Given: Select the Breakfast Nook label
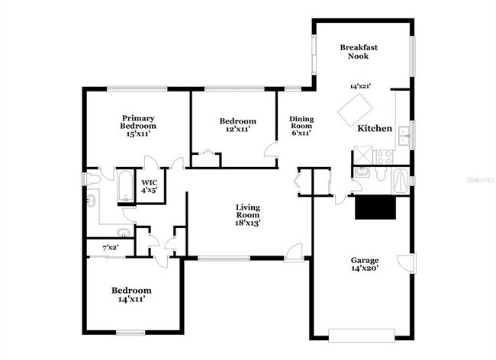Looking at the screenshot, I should (x=358, y=51).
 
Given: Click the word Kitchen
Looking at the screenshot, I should (x=375, y=129).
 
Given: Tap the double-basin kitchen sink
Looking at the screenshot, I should (x=404, y=134).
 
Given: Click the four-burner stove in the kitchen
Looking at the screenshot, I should (x=384, y=157).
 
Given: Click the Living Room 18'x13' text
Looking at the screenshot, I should (x=250, y=216).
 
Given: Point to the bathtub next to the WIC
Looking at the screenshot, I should (x=124, y=188).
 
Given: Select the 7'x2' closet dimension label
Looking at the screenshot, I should (x=111, y=248).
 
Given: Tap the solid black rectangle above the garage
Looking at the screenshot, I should (x=375, y=207).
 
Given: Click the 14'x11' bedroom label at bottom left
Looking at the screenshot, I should (x=131, y=295).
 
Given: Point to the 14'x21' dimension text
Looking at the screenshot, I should (x=360, y=86).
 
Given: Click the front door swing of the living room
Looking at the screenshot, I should (x=293, y=250).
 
